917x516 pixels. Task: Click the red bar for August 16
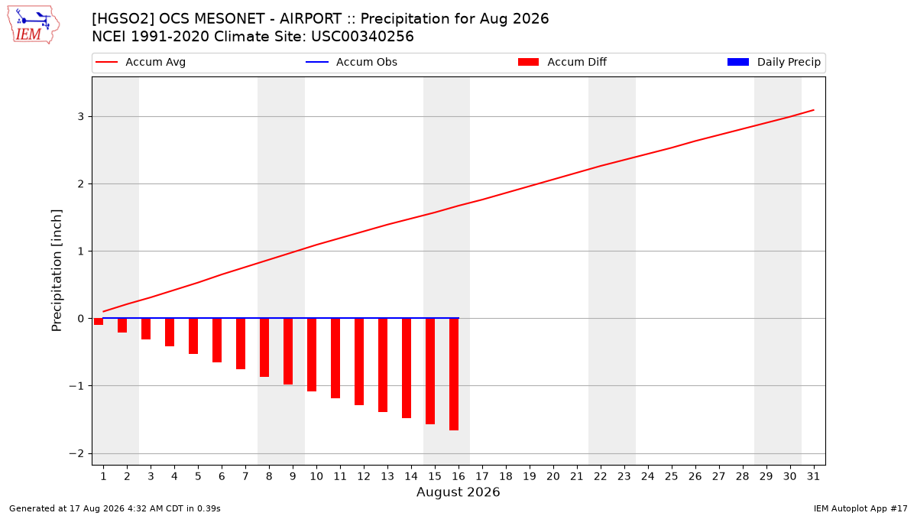point(454,375)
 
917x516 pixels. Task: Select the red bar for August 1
point(99,322)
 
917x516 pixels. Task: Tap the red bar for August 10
point(312,355)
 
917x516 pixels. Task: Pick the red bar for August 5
point(193,336)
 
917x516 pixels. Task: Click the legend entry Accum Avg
point(141,62)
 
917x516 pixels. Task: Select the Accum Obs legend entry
point(352,62)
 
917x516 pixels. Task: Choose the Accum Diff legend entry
point(562,62)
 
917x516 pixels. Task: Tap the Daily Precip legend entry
point(774,62)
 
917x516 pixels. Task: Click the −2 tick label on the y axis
point(76,453)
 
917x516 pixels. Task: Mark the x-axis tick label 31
point(813,476)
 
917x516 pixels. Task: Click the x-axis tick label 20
point(553,476)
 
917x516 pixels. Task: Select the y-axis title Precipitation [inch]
point(57,271)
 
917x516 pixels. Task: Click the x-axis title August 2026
point(458,492)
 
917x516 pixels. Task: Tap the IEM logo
point(33,25)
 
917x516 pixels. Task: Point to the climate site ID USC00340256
point(362,37)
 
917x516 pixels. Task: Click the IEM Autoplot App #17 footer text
point(860,508)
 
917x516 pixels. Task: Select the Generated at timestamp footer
point(115,508)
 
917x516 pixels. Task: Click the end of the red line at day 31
point(814,110)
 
